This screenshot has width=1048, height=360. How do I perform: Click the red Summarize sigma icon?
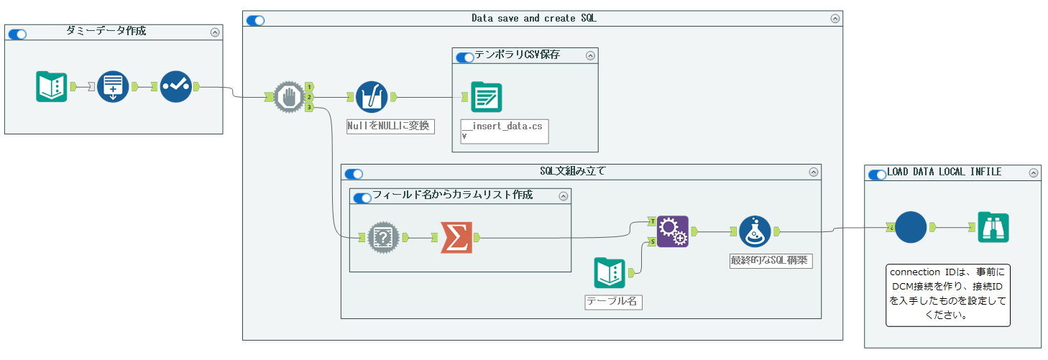coord(456,236)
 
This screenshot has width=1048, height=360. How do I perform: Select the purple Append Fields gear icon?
coord(673,231)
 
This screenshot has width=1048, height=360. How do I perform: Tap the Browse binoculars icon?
coord(993,227)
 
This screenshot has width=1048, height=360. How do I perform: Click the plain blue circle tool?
coord(911,227)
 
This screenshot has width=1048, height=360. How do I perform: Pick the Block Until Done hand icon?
coord(289,97)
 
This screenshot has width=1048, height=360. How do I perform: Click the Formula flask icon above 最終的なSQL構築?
coord(755,231)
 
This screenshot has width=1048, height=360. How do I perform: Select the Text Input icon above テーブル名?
coord(610,273)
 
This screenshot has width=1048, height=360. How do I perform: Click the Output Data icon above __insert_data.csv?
coord(487,97)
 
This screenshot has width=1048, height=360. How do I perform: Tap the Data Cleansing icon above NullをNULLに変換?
coord(372,97)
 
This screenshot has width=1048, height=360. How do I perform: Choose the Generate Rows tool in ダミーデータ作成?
coord(113,87)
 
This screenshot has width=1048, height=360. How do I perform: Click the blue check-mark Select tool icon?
coord(175,87)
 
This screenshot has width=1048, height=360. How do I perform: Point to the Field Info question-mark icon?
coord(383,236)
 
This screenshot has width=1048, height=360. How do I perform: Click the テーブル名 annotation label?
coord(612,302)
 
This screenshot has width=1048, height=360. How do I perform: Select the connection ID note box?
coord(948,295)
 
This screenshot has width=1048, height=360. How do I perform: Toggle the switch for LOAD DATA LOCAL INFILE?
coord(877,174)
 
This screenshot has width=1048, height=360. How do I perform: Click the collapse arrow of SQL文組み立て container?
coord(814,172)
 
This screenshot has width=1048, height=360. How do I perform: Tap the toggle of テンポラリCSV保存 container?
coord(465,57)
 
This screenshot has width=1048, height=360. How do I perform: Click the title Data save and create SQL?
coord(533,19)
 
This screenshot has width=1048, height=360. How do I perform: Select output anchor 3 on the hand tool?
coord(309,107)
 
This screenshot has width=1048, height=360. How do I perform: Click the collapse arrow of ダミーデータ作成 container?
coord(215,32)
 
